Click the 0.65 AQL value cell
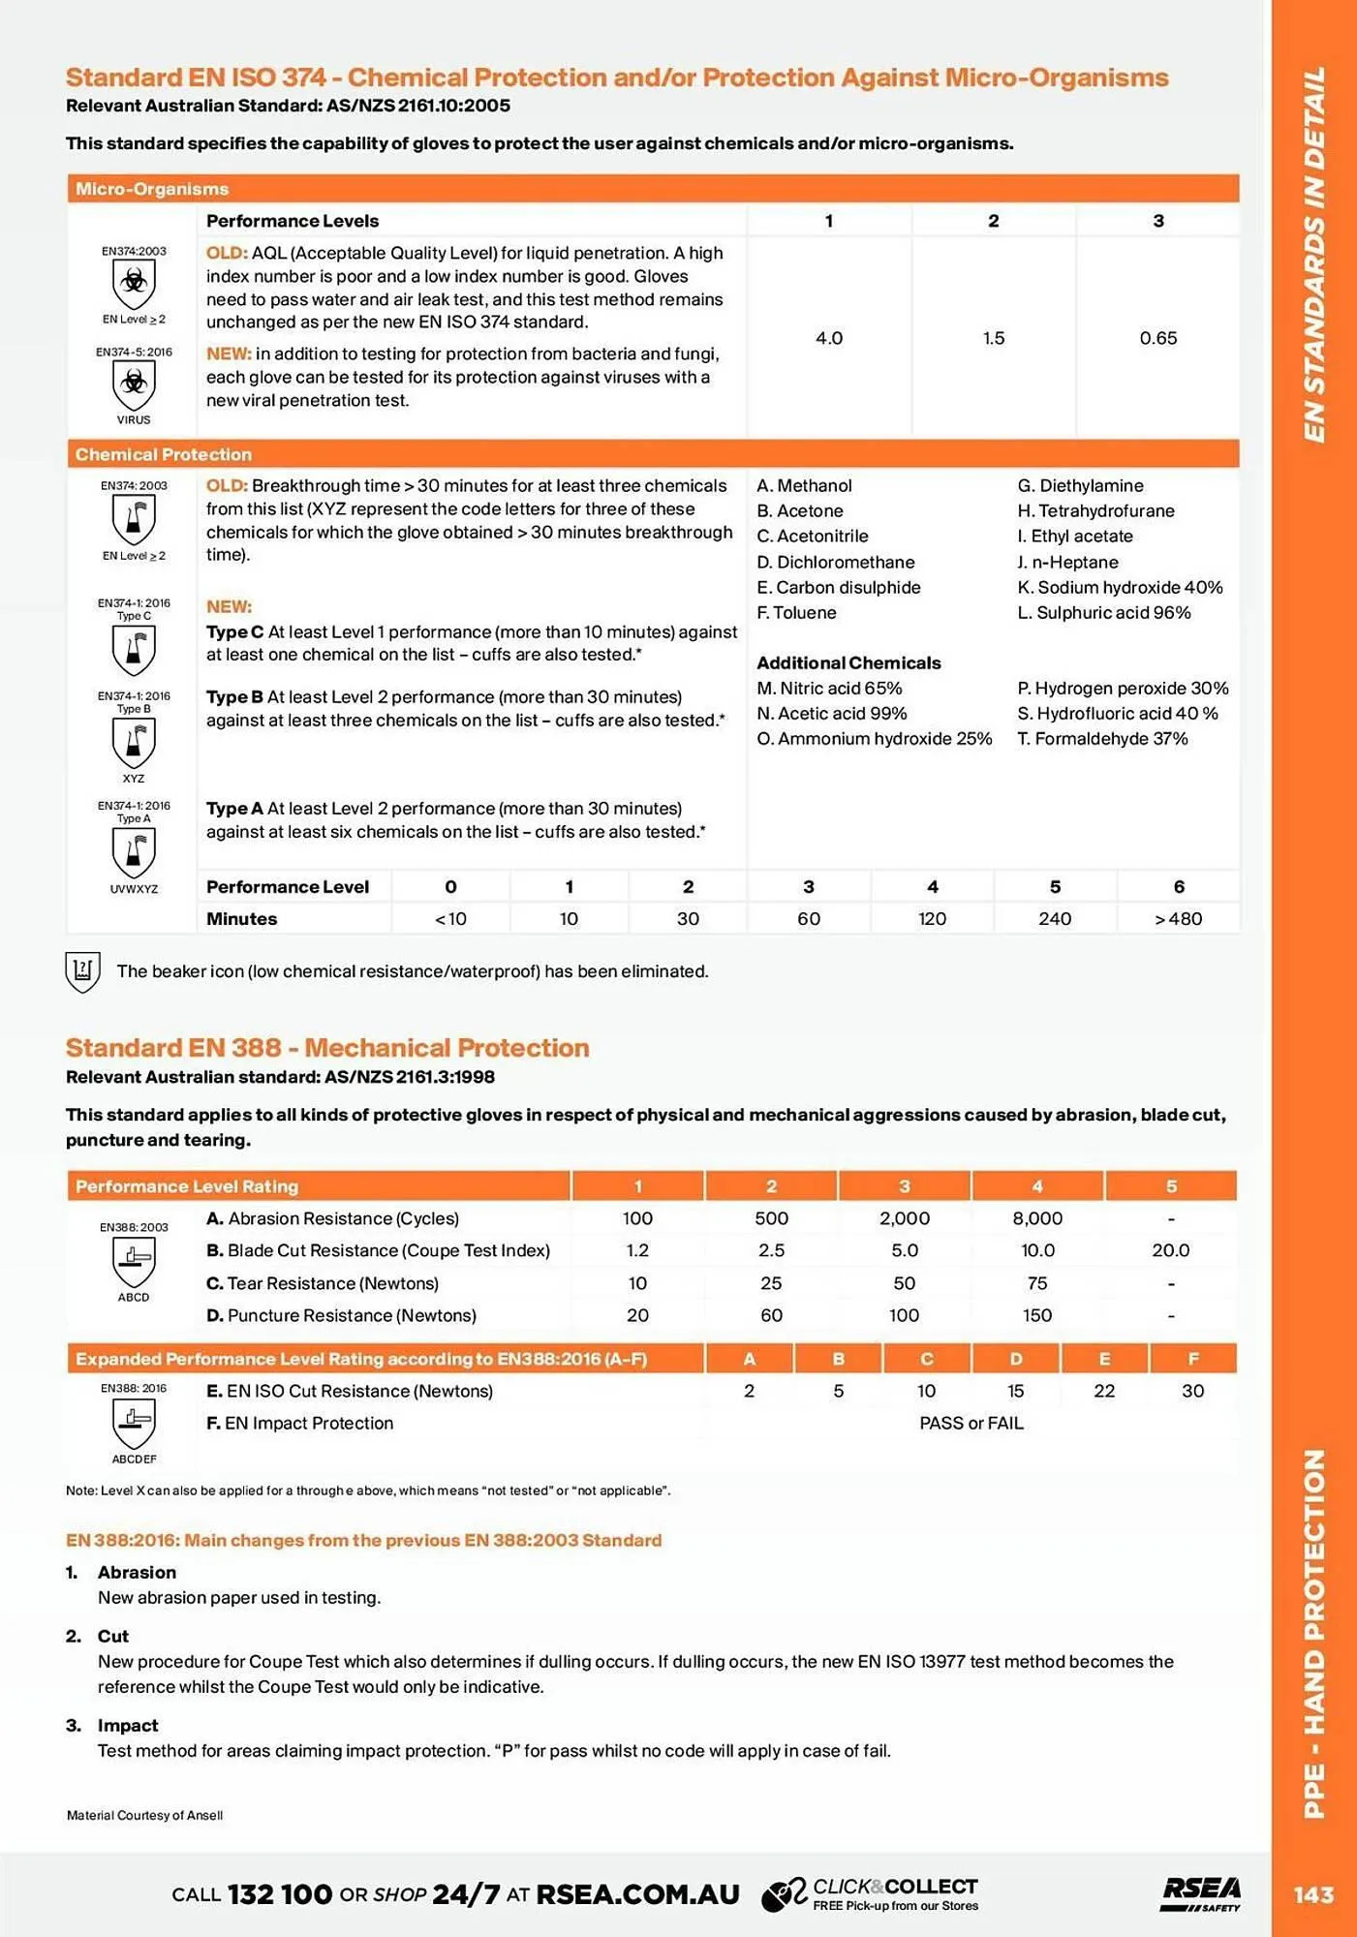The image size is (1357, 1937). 1157,338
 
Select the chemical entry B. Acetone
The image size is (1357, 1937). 800,510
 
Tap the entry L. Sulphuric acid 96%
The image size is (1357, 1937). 1104,612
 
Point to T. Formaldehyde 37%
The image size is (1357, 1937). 1102,738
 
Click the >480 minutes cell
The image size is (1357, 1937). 1178,918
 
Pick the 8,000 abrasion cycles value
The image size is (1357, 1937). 1037,1218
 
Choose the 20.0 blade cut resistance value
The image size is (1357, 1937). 1170,1250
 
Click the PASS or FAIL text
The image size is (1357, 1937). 971,1423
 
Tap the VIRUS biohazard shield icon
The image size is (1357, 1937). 134,385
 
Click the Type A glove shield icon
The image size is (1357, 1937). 134,852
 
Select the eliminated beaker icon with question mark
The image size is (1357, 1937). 82,971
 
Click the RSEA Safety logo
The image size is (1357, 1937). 1201,1893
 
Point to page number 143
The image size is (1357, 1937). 1313,1894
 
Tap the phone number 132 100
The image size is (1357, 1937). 280,1894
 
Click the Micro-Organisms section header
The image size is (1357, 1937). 152,189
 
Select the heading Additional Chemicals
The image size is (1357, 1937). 848,662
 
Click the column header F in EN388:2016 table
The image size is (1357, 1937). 1192,1359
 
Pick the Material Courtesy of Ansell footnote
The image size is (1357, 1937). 144,1815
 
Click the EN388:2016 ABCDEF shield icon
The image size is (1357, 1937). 134,1422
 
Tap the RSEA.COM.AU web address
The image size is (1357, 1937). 637,1894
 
